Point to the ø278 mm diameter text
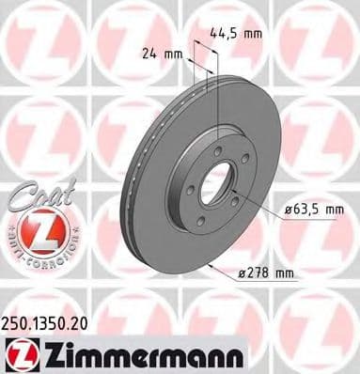pos(268,273)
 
